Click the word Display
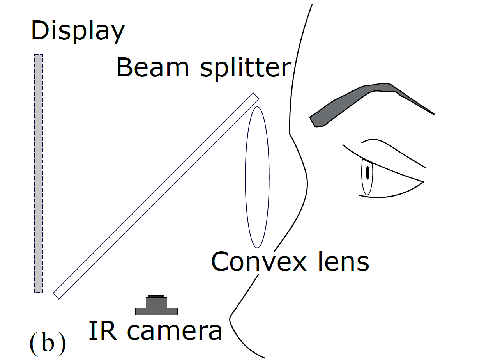[78, 31]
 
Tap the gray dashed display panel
[38, 174]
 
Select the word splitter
[246, 68]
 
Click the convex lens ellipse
[257, 177]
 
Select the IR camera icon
[156, 306]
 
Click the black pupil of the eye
[367, 172]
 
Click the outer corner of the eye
[423, 181]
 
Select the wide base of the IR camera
[156, 311]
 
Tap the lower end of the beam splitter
[57, 295]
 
